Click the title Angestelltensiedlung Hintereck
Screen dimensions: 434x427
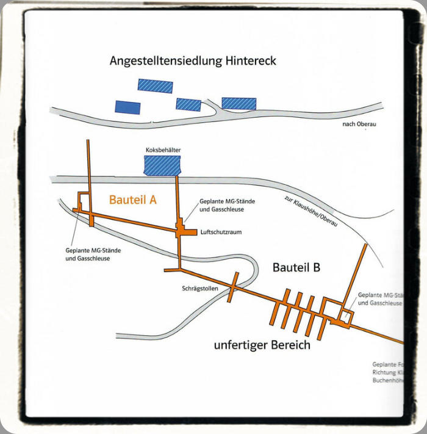[x=193, y=61]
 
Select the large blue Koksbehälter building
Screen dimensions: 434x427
[x=162, y=165]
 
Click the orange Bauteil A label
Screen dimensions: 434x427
[x=134, y=199]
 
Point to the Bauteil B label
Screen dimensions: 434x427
[x=296, y=267]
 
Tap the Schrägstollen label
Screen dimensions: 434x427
[x=199, y=288]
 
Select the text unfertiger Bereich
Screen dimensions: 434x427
[x=262, y=345]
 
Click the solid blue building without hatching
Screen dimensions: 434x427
[x=127, y=107]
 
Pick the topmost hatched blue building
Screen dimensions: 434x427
[x=155, y=85]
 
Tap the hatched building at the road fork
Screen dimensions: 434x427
[x=239, y=103]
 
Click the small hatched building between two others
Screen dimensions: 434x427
[x=188, y=104]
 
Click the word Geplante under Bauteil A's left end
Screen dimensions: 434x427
[x=81, y=250]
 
